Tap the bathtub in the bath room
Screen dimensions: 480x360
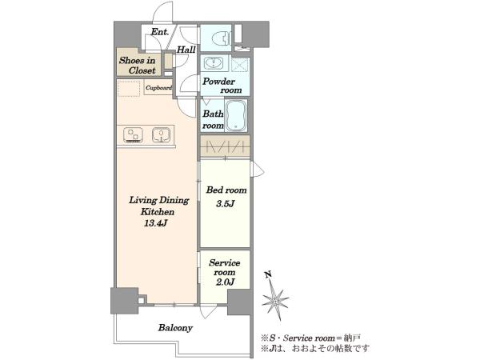[235, 115]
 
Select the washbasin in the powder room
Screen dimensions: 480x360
[211, 63]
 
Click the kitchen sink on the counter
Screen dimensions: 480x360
[161, 135]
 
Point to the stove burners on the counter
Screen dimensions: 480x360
[133, 135]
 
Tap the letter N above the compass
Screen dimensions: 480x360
[269, 274]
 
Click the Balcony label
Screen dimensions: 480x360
[175, 328]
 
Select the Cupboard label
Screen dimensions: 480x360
[158, 88]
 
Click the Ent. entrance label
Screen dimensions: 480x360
[160, 31]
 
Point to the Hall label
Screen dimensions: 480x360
[186, 50]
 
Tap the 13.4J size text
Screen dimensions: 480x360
[155, 223]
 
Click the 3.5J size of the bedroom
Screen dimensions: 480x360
[226, 203]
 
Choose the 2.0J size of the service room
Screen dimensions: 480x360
[225, 282]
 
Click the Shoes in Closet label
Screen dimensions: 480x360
[138, 66]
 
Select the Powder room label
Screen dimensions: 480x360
[222, 86]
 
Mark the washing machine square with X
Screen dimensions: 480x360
[240, 65]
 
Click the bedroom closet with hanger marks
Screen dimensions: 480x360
[226, 146]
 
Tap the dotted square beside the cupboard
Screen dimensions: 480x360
[129, 89]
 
